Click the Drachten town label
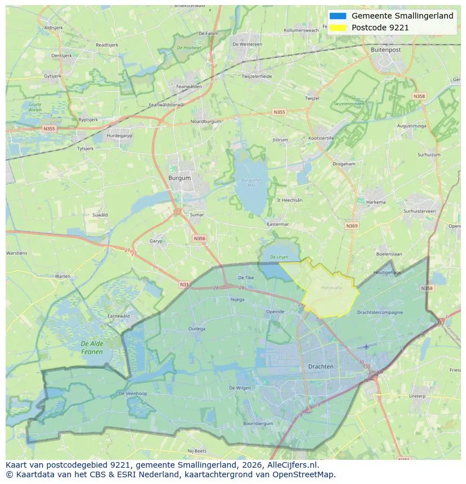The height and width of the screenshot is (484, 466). (321, 367)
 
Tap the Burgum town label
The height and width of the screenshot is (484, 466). (180, 178)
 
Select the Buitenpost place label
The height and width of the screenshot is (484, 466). (386, 49)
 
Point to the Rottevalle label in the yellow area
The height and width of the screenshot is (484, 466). (331, 287)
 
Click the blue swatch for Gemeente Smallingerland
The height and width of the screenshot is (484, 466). (338, 16)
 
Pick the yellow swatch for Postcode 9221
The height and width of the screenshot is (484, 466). (338, 27)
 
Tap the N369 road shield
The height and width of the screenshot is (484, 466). (352, 226)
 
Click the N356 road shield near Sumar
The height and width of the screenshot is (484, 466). (199, 238)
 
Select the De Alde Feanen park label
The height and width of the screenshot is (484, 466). (92, 347)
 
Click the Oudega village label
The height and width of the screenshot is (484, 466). (197, 329)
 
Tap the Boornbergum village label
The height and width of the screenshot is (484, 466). (258, 423)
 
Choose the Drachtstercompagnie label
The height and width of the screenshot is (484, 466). (380, 312)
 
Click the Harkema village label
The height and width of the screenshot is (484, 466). (376, 202)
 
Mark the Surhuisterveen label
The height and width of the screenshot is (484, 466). (419, 211)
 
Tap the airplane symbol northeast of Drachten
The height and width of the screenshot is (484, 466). (367, 346)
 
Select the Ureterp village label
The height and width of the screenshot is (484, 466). (417, 396)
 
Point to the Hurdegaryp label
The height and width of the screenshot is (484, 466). (119, 135)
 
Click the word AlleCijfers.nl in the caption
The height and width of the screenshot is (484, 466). (292, 465)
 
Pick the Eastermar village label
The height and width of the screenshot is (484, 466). (277, 224)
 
